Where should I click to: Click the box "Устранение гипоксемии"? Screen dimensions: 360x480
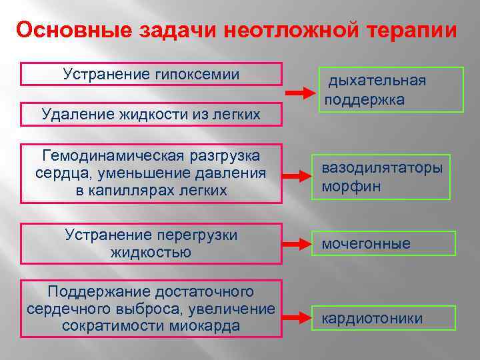pyautogui.click(x=151, y=74)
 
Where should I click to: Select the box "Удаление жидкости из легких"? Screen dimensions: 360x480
pyautogui.click(x=151, y=115)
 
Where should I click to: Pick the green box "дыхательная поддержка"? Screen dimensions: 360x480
pyautogui.click(x=389, y=90)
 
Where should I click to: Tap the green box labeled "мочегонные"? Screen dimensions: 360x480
pyautogui.click(x=385, y=243)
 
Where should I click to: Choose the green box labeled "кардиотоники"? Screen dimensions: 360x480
pyautogui.click(x=385, y=319)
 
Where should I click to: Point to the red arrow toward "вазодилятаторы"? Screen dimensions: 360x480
pyautogui.click(x=295, y=175)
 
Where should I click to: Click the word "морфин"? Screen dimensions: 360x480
pyautogui.click(x=351, y=186)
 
